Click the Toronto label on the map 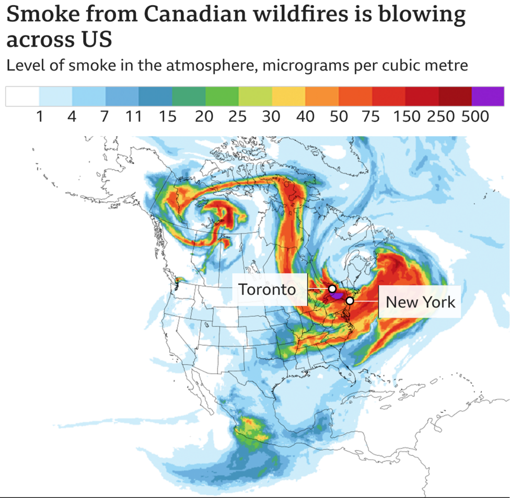pyautogui.click(x=267, y=289)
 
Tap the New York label pyautogui.click(x=420, y=302)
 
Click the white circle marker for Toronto pyautogui.click(x=332, y=288)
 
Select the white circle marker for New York pyautogui.click(x=350, y=300)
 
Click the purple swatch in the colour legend pyautogui.click(x=488, y=97)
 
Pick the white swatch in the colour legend pyautogui.click(x=22, y=97)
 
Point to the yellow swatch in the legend pyautogui.click(x=288, y=97)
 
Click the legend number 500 pyautogui.click(x=475, y=117)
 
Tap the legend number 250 pyautogui.click(x=441, y=117)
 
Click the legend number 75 pyautogui.click(x=372, y=117)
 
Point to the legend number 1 pyautogui.click(x=39, y=117)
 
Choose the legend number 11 pyautogui.click(x=134, y=117)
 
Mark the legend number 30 pyautogui.click(x=271, y=117)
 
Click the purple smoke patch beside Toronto pyautogui.click(x=336, y=295)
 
